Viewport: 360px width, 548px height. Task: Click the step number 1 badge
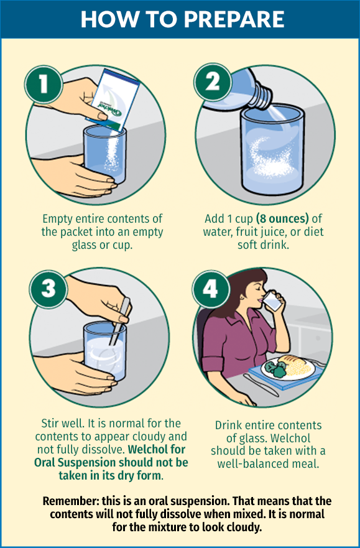(x=44, y=84)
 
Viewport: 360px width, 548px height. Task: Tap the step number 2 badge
(x=213, y=81)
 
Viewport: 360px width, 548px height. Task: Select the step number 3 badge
(x=48, y=289)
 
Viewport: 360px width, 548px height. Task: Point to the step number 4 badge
(x=211, y=289)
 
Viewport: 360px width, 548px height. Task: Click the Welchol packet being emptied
(x=113, y=100)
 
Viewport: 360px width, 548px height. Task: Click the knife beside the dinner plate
(x=261, y=385)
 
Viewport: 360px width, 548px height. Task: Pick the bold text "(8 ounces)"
(x=282, y=219)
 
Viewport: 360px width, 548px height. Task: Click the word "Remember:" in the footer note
(x=71, y=501)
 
